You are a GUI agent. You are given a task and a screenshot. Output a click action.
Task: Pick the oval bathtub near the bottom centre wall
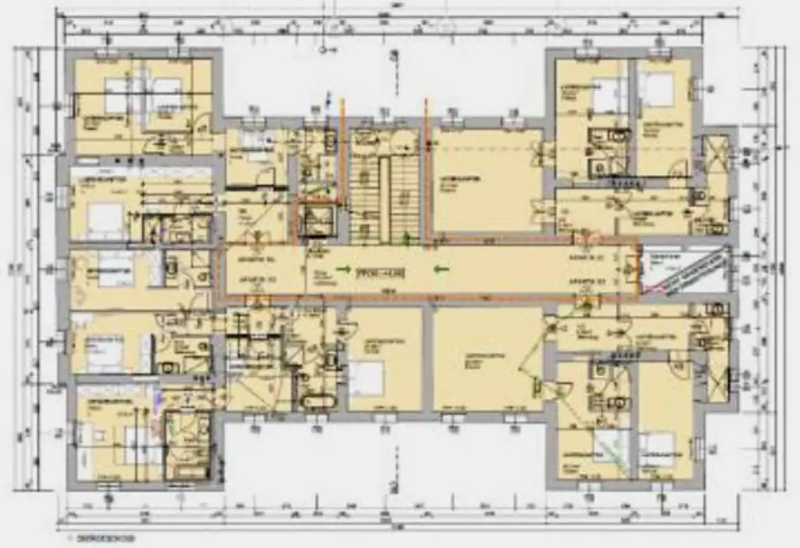(317, 403)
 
